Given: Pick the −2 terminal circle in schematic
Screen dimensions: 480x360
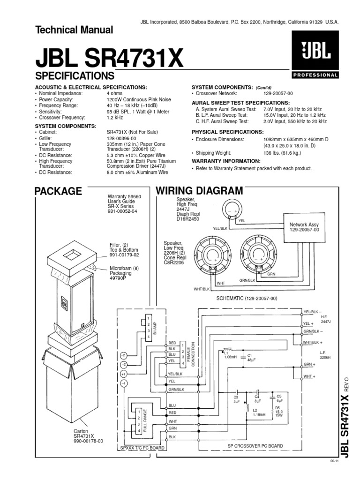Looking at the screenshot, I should (123, 354).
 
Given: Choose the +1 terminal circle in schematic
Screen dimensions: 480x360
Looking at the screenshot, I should (123, 374).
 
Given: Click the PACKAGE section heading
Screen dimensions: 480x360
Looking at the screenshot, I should (59, 191).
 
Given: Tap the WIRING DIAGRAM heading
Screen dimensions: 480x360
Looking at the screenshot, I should (199, 191).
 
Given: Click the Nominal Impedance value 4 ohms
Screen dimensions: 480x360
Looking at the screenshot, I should (115, 93).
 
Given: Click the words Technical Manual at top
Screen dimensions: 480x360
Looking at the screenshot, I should (74, 30).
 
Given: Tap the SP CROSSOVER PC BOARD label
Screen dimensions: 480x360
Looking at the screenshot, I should (255, 445).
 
